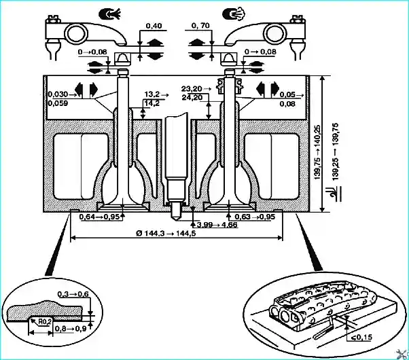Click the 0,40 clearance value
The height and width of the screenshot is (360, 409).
click(x=154, y=26)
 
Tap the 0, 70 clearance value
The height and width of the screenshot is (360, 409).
click(x=200, y=25)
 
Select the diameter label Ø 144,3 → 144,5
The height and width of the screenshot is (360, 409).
click(x=166, y=233)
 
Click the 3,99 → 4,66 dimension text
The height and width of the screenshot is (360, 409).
click(x=217, y=225)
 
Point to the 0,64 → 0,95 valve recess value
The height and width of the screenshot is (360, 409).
click(x=99, y=217)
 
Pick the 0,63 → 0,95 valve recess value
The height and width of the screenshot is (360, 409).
click(x=255, y=217)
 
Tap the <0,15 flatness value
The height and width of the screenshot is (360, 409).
click(x=362, y=338)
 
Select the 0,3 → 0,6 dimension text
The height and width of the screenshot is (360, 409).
click(x=73, y=294)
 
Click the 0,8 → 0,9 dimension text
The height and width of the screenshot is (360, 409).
click(x=71, y=329)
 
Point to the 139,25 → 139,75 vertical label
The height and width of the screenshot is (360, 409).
click(x=336, y=151)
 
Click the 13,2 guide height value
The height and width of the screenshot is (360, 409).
click(x=152, y=94)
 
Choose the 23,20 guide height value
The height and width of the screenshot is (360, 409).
click(x=192, y=89)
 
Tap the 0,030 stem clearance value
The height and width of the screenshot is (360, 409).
click(x=58, y=94)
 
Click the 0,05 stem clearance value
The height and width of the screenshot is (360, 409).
click(x=287, y=94)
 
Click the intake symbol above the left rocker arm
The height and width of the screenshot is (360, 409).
click(x=110, y=14)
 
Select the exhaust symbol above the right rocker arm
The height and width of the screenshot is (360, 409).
click(x=233, y=14)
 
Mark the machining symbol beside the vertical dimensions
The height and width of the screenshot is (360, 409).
click(x=335, y=194)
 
